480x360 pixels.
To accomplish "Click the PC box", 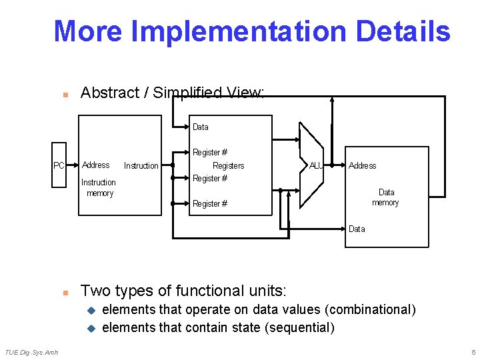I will click(x=59, y=165).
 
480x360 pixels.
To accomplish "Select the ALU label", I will click(x=316, y=165).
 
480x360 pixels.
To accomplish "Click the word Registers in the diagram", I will click(x=228, y=165).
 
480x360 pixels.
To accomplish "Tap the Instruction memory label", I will click(x=99, y=187).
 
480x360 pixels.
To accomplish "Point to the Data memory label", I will click(x=385, y=197).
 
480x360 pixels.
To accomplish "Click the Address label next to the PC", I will click(x=96, y=165).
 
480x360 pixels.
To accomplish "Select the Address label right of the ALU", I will click(x=362, y=165).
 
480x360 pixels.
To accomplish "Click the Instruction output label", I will click(x=141, y=165).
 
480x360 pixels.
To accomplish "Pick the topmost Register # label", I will click(x=210, y=153).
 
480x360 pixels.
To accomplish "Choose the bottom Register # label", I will click(x=210, y=204).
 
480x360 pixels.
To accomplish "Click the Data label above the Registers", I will click(x=200, y=127).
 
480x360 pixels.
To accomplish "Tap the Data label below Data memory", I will click(x=357, y=229).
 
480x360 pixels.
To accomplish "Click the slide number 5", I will click(x=473, y=352).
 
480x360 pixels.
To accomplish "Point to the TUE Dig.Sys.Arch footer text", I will click(x=31, y=352).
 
